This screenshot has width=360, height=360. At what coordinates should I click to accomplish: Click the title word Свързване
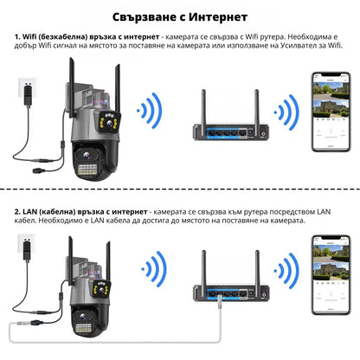149,16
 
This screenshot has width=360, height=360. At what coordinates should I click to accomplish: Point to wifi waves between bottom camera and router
153,278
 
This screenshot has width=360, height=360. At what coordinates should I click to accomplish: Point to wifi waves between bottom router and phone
286,278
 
